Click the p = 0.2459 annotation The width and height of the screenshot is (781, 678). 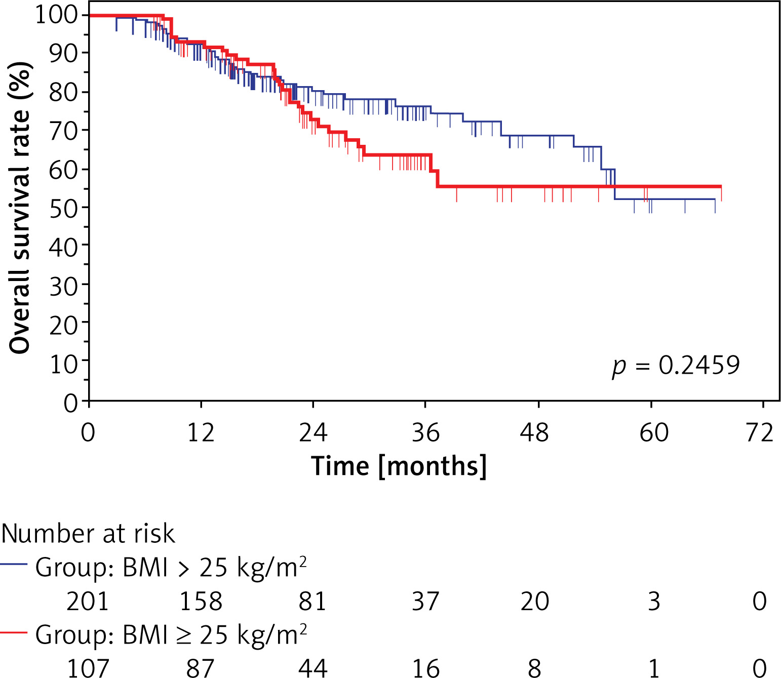pos(676,366)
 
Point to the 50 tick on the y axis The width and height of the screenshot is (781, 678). pos(63,208)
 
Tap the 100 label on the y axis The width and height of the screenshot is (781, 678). pos(57,15)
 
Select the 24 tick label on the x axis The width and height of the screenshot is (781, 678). pos(313,433)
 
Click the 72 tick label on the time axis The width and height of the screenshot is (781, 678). pos(760,433)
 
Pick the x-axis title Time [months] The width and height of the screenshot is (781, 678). pos(399,466)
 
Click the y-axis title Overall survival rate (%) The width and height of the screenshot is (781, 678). pos(20,208)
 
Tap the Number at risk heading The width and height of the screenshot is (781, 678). pos(88,534)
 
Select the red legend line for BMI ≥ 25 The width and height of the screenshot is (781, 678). pos(14,632)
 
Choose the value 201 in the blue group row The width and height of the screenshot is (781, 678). pos(88,602)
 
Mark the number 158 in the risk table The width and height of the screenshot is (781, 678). pos(201,602)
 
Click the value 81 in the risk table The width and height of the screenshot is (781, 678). pos(312,602)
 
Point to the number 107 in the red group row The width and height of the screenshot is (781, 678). pos(88,668)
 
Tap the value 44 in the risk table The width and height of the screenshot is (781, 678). pos(313,668)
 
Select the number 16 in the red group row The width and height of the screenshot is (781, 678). pos(425,668)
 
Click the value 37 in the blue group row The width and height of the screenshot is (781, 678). pos(425,602)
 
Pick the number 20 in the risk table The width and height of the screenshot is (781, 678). pos(535,602)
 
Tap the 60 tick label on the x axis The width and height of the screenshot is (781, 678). pos(654,433)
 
